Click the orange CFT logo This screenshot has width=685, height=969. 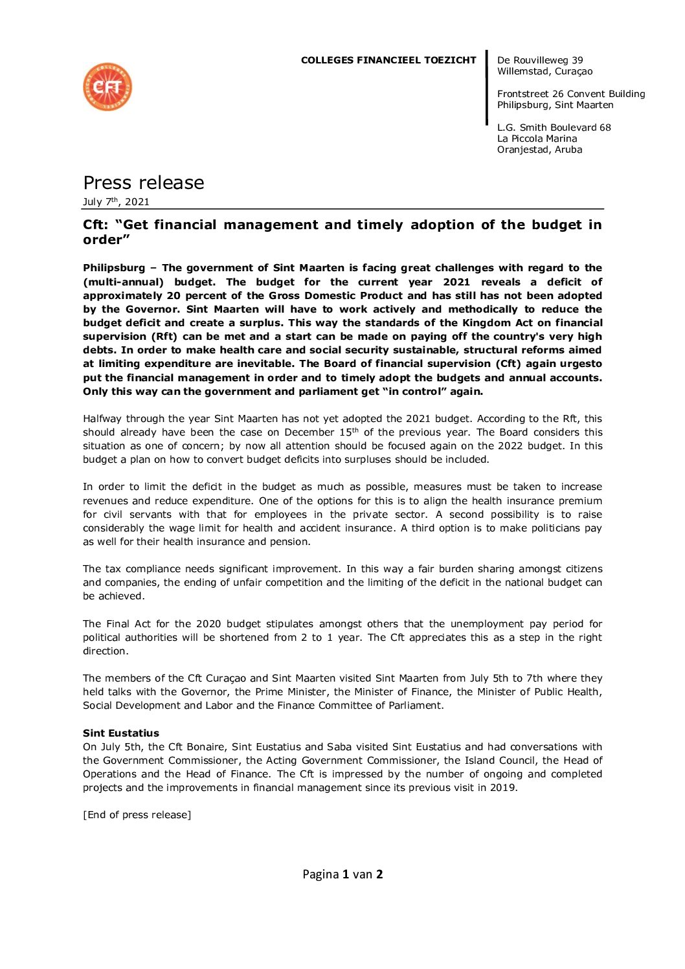(107, 87)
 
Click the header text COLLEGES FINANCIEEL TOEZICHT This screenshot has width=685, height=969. (388, 60)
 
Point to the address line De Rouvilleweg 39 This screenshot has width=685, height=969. (540, 60)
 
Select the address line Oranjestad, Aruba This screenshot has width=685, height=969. (539, 150)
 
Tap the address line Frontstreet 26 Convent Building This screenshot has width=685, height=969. (571, 94)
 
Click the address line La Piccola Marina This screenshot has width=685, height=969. (537, 139)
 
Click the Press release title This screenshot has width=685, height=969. (144, 183)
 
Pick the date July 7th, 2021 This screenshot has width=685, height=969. (116, 202)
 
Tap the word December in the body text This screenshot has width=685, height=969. (309, 432)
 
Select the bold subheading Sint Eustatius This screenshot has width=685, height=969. (121, 733)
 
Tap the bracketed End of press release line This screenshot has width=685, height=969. (137, 815)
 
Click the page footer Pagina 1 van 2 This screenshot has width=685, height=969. (342, 874)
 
